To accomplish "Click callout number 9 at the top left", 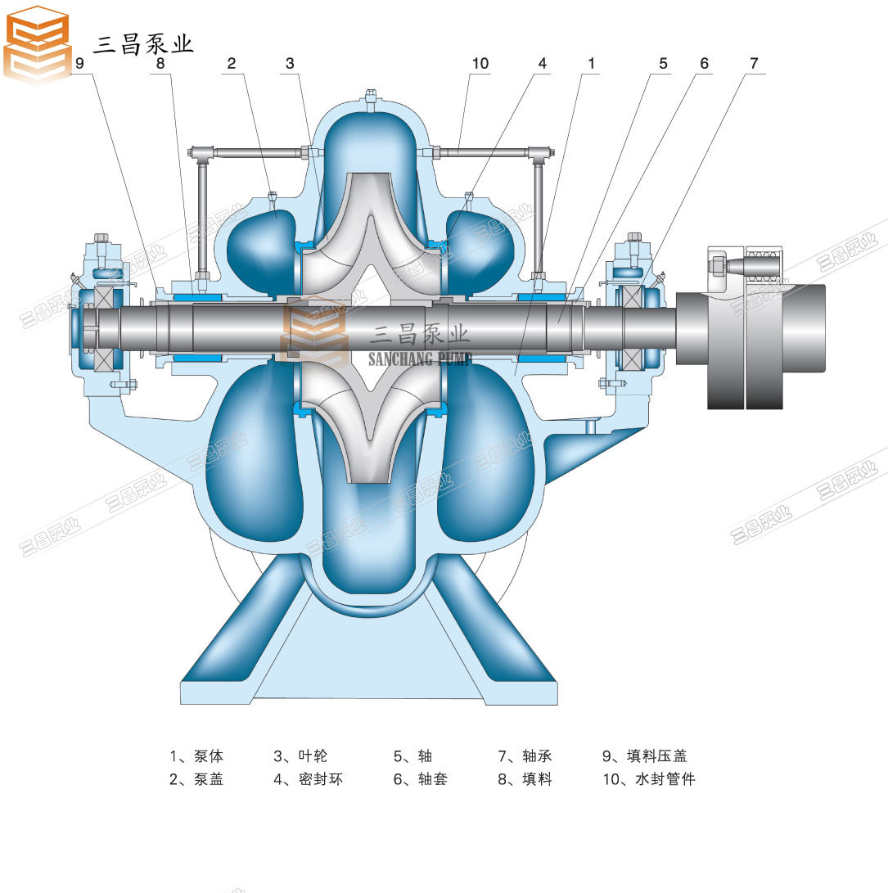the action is pos(79,63).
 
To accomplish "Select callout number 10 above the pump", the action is pos(480,63).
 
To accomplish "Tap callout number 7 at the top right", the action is pos(754,63).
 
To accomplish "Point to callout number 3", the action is pos(290,63).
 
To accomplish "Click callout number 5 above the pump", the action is pos(663,63).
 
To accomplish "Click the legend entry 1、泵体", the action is pos(196,755).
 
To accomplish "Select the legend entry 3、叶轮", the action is pos(300,755).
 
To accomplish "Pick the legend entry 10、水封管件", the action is pos(649,779).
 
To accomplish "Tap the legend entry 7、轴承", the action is pos(525,755).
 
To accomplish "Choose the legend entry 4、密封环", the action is pos(309,779).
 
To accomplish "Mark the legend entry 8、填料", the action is pos(525,779).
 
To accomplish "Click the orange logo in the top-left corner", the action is pos(37,44).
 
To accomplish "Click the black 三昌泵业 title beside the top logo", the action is pos(143,44).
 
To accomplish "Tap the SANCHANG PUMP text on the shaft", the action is pos(420,359).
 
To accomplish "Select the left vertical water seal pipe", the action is pos(201,216).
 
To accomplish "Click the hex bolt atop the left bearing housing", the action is pos(101,238).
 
